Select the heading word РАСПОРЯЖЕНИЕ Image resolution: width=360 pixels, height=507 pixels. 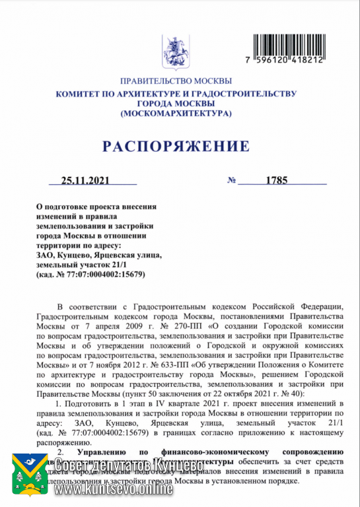point(176,146)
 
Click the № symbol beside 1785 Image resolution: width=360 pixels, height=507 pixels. point(232,180)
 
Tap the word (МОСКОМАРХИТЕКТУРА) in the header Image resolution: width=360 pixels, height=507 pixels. point(176,114)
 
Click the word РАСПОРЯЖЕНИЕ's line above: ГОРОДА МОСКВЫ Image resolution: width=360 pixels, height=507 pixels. point(176,104)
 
